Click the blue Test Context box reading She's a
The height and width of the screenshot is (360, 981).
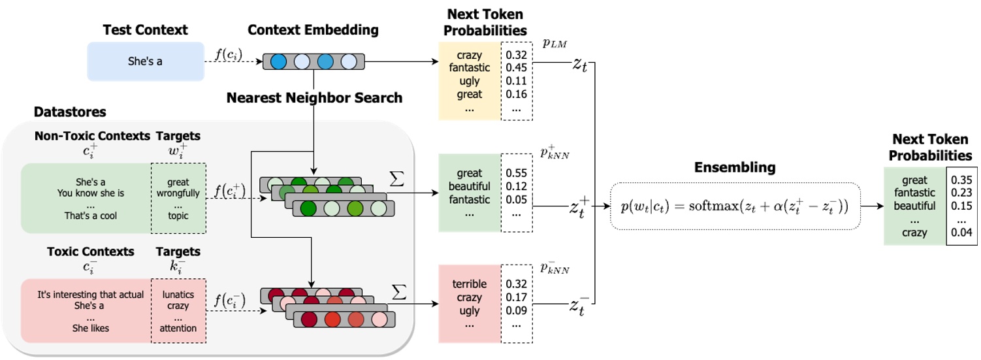point(146,61)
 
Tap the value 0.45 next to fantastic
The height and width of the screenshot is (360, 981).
point(516,68)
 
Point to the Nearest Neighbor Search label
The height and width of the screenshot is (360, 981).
point(314,98)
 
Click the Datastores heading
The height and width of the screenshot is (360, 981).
point(69,112)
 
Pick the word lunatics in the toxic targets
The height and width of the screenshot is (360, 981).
point(178,295)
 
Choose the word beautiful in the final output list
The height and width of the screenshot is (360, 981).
point(914,206)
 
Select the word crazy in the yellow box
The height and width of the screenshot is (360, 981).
point(469,56)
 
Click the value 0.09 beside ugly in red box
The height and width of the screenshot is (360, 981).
point(516,311)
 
